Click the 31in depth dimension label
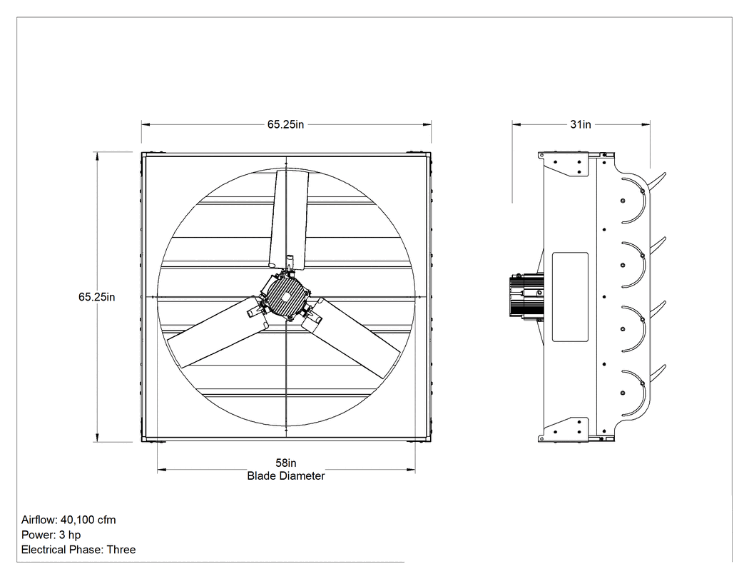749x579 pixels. (x=581, y=124)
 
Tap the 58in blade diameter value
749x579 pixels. (x=285, y=463)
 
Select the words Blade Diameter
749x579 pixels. (x=285, y=475)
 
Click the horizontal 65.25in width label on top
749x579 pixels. (x=285, y=124)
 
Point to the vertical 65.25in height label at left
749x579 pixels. (x=96, y=297)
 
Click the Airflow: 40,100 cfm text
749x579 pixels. (x=68, y=520)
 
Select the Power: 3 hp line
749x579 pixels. (x=51, y=535)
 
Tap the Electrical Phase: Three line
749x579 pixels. (x=78, y=549)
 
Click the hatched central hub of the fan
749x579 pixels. (x=285, y=296)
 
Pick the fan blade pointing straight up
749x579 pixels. (x=289, y=219)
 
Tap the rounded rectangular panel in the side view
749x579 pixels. (x=570, y=297)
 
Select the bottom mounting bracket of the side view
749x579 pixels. (x=564, y=429)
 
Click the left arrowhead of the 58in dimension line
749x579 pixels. (x=161, y=470)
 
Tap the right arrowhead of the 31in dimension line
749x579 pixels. (x=646, y=125)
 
